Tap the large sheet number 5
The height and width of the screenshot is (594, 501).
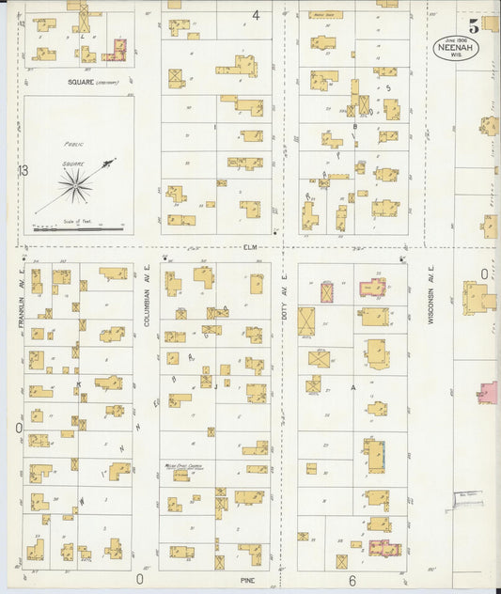pos(475,26)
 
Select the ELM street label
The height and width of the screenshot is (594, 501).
pos(249,248)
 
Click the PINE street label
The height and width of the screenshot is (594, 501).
pos(248,581)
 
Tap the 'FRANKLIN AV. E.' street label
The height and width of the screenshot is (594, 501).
pos(19,309)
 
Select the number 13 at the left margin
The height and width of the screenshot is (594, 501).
pos(23,170)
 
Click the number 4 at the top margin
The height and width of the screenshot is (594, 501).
pos(256,15)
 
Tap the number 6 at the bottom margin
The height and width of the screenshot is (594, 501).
pos(352,580)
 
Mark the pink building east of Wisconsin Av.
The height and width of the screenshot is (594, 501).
pos(488,393)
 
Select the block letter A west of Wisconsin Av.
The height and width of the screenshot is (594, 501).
pos(353,387)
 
